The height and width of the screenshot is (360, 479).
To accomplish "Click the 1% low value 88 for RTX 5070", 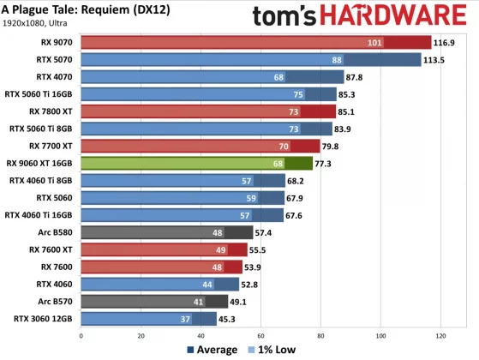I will tap(337, 60).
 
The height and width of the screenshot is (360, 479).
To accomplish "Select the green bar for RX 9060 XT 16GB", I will tap(196, 163).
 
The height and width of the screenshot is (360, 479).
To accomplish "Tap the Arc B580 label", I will tap(53, 232).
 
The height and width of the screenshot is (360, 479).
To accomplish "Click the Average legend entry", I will tap(212, 350).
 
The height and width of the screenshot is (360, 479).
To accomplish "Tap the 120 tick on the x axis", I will tap(441, 335).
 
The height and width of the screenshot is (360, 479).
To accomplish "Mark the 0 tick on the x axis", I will tap(80, 335).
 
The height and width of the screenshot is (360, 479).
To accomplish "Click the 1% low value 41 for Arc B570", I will tap(199, 301).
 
